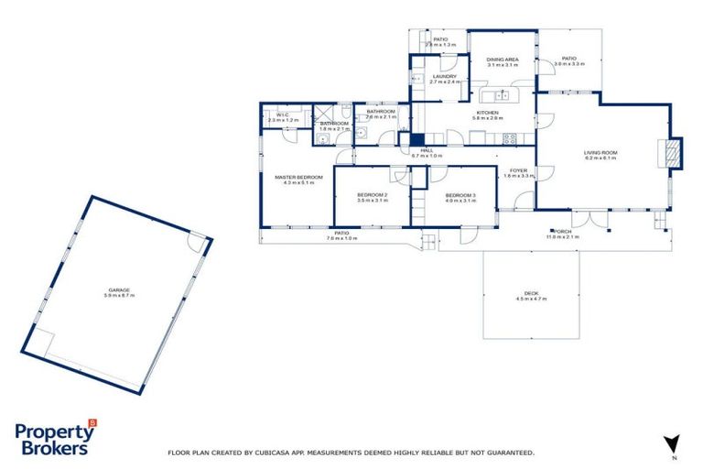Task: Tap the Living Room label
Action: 601,153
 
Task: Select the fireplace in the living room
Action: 674,152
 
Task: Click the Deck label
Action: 531,294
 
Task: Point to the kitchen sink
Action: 502,94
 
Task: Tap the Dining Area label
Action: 503,60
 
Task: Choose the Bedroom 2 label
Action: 373,195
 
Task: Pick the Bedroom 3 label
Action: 460,195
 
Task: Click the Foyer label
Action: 518,170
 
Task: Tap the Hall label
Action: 427,150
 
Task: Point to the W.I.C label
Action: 283,115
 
